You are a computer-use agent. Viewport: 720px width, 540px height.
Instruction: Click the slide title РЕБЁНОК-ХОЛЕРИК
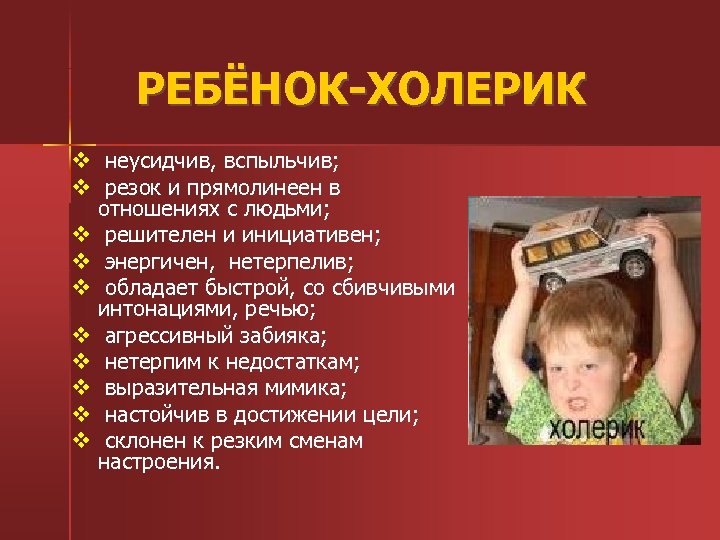(361, 91)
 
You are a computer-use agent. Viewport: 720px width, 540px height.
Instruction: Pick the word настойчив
(155, 414)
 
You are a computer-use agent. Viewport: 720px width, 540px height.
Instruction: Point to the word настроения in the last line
(157, 462)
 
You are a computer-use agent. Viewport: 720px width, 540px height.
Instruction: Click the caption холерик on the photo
(597, 429)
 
